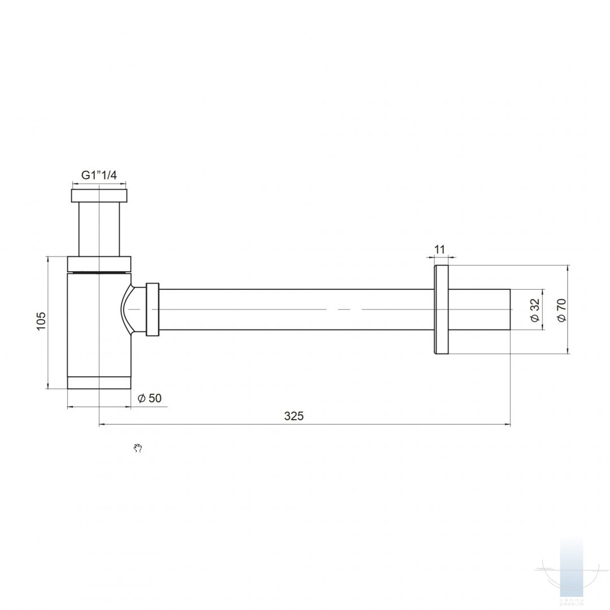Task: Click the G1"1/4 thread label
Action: tap(99, 175)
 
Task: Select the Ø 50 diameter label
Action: tap(150, 398)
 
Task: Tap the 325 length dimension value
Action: tap(294, 416)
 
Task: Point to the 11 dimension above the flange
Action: tap(440, 250)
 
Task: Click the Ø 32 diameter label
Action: tap(535, 310)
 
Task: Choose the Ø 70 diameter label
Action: tap(561, 310)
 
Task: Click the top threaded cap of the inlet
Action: tap(99, 195)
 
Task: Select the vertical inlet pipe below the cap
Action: tap(99, 229)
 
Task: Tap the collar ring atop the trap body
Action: tap(99, 264)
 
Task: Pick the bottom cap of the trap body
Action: tap(99, 382)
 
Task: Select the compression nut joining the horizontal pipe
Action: tap(152, 310)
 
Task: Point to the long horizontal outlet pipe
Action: tap(294, 310)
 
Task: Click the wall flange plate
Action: tap(441, 310)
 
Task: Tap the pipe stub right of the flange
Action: tap(479, 310)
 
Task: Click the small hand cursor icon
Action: tap(137, 448)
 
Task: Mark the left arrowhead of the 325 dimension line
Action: tap(102, 424)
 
